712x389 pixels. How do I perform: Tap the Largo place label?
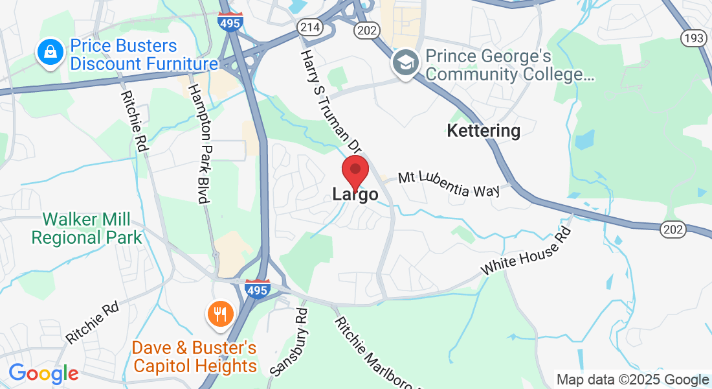(x=355, y=194)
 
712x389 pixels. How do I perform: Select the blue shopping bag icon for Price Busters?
(x=50, y=53)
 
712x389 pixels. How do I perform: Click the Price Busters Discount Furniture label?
(x=143, y=55)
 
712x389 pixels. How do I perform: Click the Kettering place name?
(x=484, y=131)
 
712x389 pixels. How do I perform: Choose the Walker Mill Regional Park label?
(x=87, y=228)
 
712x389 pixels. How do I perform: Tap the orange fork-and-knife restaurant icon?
(x=221, y=314)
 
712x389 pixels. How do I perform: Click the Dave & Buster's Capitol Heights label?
(x=195, y=357)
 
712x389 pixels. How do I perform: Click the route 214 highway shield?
(x=307, y=27)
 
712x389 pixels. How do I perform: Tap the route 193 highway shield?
(x=693, y=38)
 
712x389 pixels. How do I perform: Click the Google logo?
(x=43, y=373)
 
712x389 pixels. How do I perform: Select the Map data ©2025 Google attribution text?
(x=632, y=380)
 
